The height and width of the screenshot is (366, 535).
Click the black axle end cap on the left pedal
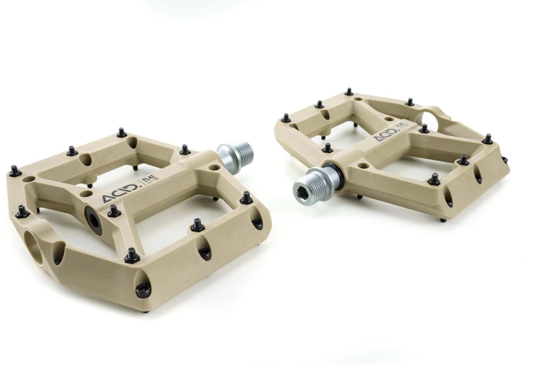pyautogui.click(x=93, y=215)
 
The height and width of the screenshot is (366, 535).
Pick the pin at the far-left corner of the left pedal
pyautogui.click(x=15, y=170)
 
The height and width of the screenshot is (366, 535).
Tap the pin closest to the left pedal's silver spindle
pyautogui.click(x=185, y=150)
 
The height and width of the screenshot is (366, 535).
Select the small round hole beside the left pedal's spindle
pyautogui.click(x=215, y=167)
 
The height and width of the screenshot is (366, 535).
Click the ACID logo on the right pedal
pyautogui.click(x=385, y=135)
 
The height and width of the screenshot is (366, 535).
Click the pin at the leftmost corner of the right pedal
pyautogui.click(x=286, y=118)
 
